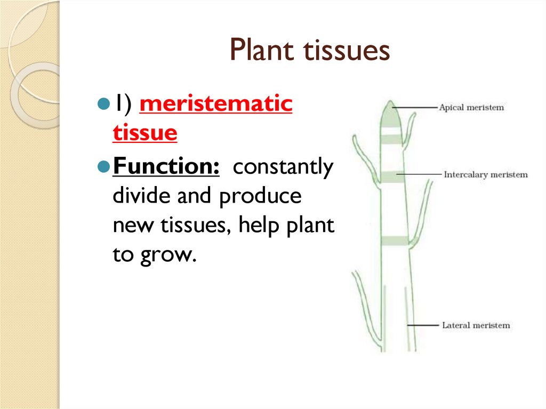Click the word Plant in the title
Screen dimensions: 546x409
pos(262,51)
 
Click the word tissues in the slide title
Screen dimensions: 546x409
pos(347,51)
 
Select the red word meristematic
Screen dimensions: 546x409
pos(216,104)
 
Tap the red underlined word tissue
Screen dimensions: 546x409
pos(144,133)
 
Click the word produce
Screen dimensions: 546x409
pos(260,197)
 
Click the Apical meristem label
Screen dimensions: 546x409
pos(471,108)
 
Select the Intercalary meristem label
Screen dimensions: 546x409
pos(486,174)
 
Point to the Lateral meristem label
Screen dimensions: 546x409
pos(476,325)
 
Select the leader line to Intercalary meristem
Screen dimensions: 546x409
pos(420,174)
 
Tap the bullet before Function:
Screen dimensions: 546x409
pos(104,167)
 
